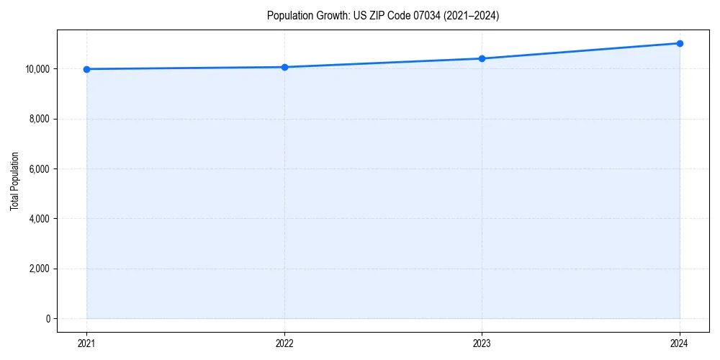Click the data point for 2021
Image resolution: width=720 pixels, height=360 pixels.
(86, 69)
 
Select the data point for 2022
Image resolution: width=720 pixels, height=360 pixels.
(284, 67)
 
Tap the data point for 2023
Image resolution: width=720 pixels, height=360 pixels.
(482, 58)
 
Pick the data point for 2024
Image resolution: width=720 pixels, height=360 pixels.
(680, 43)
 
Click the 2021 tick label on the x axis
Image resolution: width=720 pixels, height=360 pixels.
(86, 343)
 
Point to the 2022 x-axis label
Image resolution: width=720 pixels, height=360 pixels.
(284, 343)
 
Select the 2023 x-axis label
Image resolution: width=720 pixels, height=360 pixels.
(482, 343)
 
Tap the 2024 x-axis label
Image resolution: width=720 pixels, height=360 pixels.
(680, 343)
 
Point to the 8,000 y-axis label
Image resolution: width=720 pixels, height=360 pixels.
(40, 119)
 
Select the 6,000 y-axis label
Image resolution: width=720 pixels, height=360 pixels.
(40, 169)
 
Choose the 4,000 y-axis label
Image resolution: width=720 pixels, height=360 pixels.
(40, 219)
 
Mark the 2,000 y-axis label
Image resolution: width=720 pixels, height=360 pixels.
(40, 269)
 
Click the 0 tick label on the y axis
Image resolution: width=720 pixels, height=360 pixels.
(48, 318)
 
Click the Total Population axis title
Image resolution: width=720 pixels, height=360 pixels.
(14, 181)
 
